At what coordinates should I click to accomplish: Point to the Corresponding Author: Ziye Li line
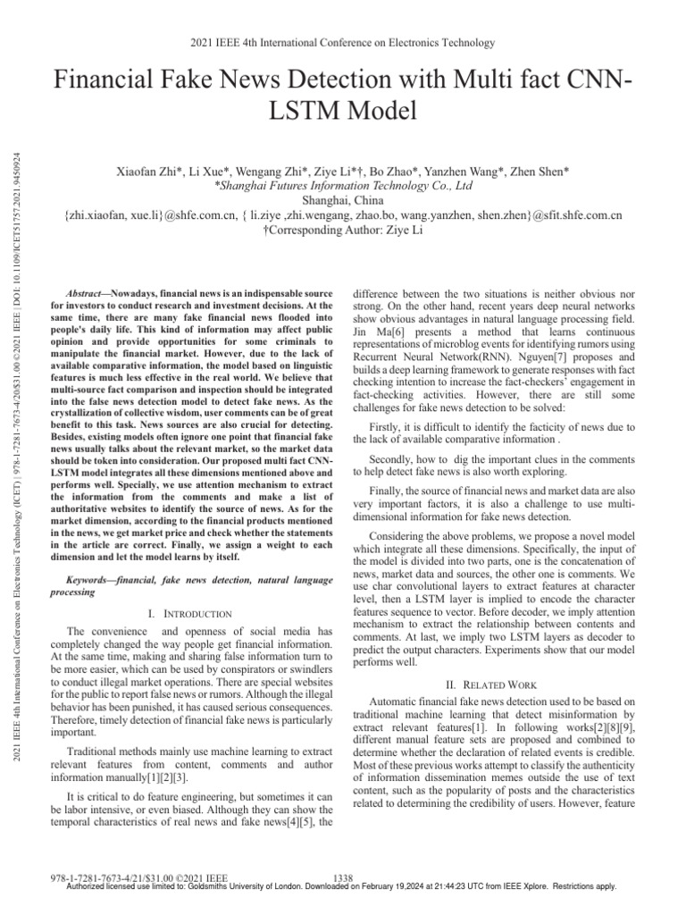(344, 230)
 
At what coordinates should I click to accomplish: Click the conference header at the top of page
(344, 42)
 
